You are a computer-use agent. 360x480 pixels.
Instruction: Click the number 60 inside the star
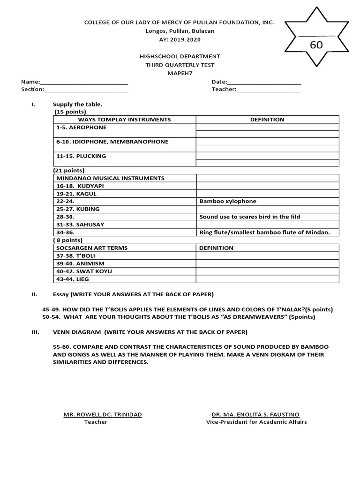point(316,45)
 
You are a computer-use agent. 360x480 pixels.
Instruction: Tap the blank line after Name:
point(84,83)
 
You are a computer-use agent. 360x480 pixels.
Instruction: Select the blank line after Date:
point(264,83)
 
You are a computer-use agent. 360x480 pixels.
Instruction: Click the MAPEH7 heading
point(180,74)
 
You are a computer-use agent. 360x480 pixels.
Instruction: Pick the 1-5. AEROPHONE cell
point(82,127)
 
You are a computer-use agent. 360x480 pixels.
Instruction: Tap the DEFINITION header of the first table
point(267,120)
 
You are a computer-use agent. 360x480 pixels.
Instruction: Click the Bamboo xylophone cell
point(228,202)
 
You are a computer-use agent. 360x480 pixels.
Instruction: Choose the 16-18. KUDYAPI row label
point(80,186)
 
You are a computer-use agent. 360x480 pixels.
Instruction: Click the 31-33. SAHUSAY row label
point(80,225)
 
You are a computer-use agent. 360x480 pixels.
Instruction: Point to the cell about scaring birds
point(249,217)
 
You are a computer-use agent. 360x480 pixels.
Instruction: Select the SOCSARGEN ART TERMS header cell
point(92,248)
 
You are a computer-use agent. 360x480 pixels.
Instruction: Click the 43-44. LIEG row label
point(73,279)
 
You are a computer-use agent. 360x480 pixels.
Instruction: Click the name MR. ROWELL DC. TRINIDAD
point(103,414)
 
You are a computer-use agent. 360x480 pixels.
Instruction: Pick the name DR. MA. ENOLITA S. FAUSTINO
point(255,414)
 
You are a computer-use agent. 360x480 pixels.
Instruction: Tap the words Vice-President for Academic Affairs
point(256,422)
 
